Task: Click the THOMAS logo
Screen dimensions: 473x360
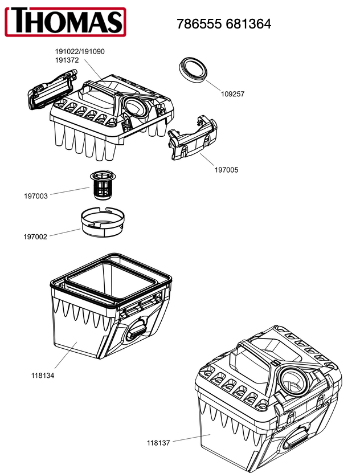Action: point(65,21)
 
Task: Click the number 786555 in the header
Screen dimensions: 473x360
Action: point(199,24)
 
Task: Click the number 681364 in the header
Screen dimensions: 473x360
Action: point(248,24)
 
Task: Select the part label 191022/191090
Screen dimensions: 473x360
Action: point(80,51)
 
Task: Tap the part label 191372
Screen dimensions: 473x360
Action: point(67,60)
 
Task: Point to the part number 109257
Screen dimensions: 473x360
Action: point(232,94)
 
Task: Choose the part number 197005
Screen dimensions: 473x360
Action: point(226,169)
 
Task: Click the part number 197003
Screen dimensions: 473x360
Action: point(35,196)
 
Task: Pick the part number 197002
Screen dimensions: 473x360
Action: point(35,237)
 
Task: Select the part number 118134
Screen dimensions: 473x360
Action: point(43,376)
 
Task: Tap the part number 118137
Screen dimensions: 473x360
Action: point(159,442)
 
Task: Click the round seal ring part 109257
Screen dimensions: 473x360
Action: point(193,69)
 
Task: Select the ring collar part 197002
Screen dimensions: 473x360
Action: point(103,223)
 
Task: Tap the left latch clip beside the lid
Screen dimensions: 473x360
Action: point(51,89)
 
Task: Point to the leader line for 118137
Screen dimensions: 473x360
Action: point(188,438)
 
